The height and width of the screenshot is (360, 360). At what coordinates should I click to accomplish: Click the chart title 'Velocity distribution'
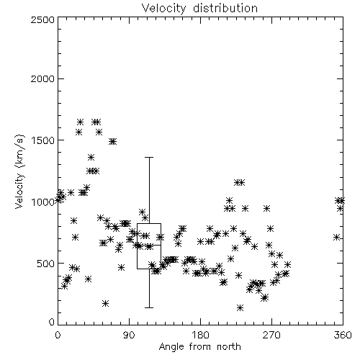pos(199,9)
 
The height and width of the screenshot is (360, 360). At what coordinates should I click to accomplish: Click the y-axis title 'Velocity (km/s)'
pos(20,171)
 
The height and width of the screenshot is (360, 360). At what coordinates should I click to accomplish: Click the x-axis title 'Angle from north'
pos(199,347)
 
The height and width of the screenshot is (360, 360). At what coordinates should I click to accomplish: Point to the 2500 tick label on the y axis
pos(42,19)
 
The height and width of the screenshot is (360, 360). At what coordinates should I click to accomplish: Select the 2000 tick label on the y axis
pos(42,78)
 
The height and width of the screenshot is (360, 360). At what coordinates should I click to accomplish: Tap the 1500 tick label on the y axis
pos(42,140)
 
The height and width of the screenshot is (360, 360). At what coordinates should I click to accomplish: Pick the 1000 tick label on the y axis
pos(42,202)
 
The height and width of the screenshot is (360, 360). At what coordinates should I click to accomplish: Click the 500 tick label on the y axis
pos(45,264)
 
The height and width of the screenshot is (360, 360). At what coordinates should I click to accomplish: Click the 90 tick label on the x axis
pos(130,335)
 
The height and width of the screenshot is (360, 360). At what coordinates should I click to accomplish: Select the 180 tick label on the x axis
pos(200,335)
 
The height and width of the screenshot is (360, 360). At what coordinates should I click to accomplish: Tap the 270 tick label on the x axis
pos(271,335)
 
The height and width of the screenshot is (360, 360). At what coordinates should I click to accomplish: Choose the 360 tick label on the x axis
pos(343,335)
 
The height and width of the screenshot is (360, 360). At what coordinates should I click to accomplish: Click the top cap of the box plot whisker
pos(149,158)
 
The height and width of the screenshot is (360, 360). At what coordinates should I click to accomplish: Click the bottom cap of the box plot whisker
pos(149,307)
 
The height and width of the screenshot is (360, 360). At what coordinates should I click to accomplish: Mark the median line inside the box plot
pos(149,245)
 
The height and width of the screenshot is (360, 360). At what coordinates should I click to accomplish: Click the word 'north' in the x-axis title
pos(229,347)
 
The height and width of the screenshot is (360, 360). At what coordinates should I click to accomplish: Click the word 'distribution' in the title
pos(225,8)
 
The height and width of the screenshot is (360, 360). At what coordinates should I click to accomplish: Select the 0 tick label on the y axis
pos(52,322)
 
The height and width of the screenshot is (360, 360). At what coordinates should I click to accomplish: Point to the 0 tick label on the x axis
pos(58,335)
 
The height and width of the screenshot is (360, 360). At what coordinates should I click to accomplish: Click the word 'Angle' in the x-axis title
pos(171,347)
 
